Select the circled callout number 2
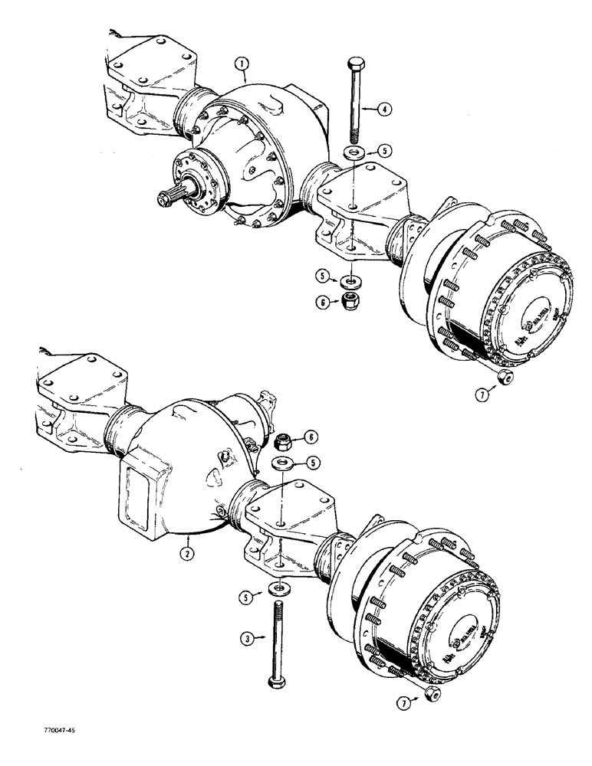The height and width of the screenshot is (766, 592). tap(186, 549)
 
